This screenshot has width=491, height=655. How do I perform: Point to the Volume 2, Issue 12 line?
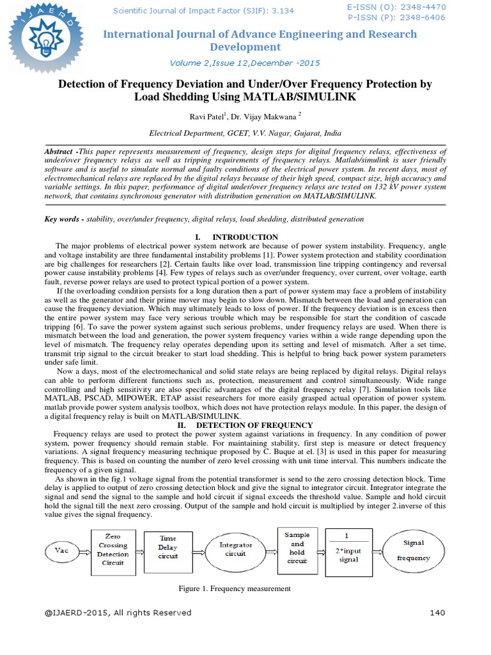pyautogui.click(x=245, y=63)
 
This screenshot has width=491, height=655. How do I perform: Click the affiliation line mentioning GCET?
pyautogui.click(x=245, y=134)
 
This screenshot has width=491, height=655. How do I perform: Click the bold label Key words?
pyautogui.click(x=63, y=219)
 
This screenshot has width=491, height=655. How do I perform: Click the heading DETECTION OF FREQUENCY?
pyautogui.click(x=254, y=425)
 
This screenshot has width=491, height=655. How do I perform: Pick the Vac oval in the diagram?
pyautogui.click(x=61, y=549)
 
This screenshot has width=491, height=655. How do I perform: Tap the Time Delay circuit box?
pyautogui.click(x=168, y=548)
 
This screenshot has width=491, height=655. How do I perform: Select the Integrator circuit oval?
pyautogui.click(x=236, y=549)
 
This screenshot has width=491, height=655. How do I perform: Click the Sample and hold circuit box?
pyautogui.click(x=297, y=548)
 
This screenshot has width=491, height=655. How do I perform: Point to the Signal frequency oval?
pyautogui.click(x=414, y=550)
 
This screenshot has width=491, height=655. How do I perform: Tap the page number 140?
pyautogui.click(x=437, y=613)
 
